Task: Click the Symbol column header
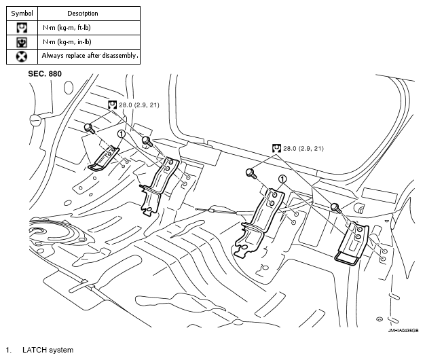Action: pyautogui.click(x=22, y=13)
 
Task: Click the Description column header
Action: pyautogui.click(x=83, y=13)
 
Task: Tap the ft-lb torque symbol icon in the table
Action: pyautogui.click(x=22, y=28)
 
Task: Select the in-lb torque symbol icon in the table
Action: pyautogui.click(x=22, y=41)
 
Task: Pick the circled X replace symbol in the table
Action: pyautogui.click(x=22, y=56)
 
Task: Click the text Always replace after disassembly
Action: pyautogui.click(x=90, y=56)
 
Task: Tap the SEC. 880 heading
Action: pyautogui.click(x=45, y=73)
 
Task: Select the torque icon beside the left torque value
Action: pyautogui.click(x=113, y=105)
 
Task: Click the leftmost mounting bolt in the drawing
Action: pyautogui.click(x=89, y=127)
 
